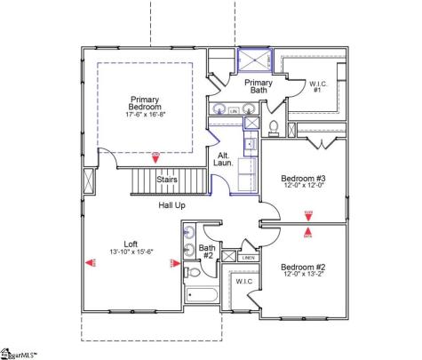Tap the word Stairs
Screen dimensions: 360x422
167,180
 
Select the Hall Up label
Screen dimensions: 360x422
171,205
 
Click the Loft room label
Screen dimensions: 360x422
131,243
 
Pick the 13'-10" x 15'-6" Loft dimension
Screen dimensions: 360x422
131,252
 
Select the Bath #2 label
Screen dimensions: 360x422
207,252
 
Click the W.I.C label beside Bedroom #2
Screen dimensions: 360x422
242,282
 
